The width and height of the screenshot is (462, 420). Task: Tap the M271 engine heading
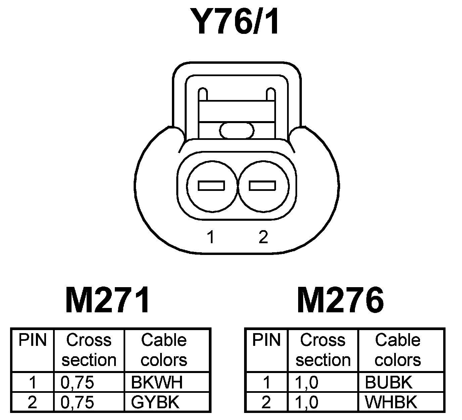pyautogui.click(x=107, y=300)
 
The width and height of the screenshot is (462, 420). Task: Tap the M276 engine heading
pyautogui.click(x=340, y=300)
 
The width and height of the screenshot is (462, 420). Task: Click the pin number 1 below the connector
pyautogui.click(x=211, y=237)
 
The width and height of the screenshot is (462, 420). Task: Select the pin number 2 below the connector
pyautogui.click(x=263, y=237)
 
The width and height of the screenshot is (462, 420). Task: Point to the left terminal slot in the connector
pyautogui.click(x=211, y=186)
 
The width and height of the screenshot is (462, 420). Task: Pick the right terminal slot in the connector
pyautogui.click(x=263, y=186)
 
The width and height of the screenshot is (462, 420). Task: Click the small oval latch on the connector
pyautogui.click(x=237, y=130)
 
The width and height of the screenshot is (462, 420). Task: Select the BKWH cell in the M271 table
pyautogui.click(x=157, y=382)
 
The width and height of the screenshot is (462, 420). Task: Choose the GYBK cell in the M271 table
pyautogui.click(x=155, y=402)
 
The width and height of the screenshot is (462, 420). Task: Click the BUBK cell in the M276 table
pyautogui.click(x=388, y=382)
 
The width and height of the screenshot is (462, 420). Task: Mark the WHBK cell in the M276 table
pyautogui.click(x=391, y=402)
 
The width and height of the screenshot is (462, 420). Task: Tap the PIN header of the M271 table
pyautogui.click(x=33, y=340)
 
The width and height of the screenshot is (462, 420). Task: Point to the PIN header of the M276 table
pyautogui.click(x=267, y=340)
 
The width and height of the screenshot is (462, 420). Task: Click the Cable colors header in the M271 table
pyautogui.click(x=164, y=350)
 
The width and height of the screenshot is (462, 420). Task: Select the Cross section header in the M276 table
pyautogui.click(x=323, y=350)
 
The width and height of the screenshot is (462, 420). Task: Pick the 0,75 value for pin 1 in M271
pyautogui.click(x=77, y=382)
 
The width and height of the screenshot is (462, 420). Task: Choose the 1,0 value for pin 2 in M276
pyautogui.click(x=307, y=402)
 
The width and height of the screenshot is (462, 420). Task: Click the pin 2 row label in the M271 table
pyautogui.click(x=32, y=402)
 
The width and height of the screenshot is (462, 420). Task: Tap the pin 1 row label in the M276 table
pyautogui.click(x=267, y=382)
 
